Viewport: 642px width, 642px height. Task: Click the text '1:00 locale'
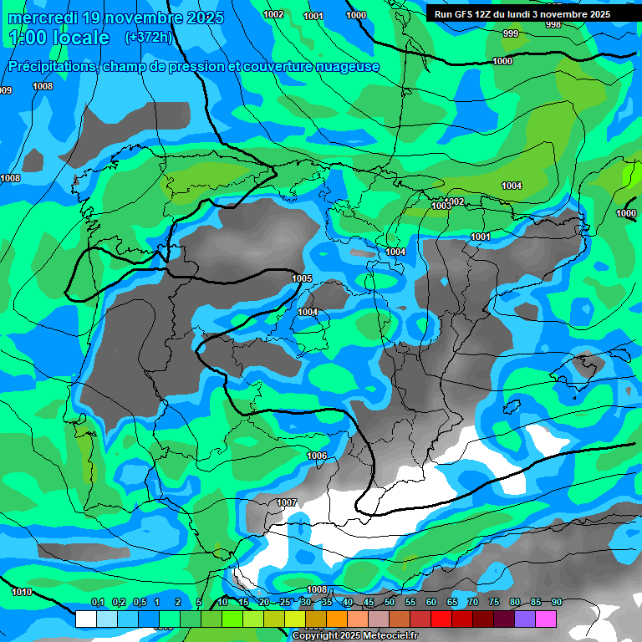point(59,38)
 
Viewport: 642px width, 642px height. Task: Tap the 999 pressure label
point(510,33)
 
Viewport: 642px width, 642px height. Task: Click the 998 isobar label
point(553,24)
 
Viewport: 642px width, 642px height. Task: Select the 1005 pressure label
point(302,278)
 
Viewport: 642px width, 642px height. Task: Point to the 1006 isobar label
point(317,456)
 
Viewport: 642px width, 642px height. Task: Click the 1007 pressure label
point(287,502)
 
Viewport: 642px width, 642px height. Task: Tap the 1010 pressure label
point(22,592)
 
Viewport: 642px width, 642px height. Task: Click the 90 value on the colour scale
point(556,602)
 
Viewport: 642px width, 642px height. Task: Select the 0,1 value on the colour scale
point(97,602)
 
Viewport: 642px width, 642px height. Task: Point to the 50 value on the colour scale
point(390,602)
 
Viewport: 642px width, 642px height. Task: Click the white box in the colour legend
point(86,619)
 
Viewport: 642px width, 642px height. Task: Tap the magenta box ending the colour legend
point(546,619)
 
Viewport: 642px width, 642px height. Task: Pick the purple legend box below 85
point(525,619)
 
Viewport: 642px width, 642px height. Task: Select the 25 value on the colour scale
point(285,602)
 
